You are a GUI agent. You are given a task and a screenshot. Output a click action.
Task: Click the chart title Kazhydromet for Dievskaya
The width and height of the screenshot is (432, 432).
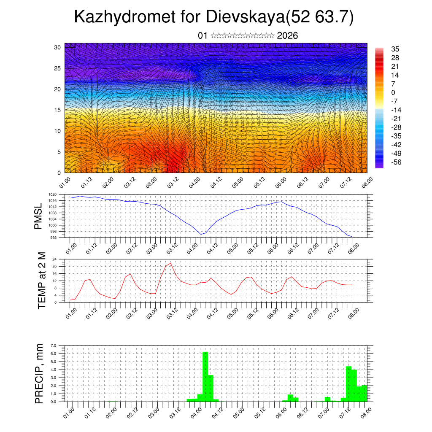pos(213,17)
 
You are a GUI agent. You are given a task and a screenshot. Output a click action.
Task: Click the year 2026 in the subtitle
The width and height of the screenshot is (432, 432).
pos(287,36)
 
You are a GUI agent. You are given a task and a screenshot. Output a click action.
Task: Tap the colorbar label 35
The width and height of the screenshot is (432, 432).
pos(395,49)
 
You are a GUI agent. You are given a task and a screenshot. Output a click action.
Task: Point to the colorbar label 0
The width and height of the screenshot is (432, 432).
pos(393,92)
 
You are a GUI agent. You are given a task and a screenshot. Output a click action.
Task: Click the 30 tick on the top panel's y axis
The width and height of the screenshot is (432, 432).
pos(57,47)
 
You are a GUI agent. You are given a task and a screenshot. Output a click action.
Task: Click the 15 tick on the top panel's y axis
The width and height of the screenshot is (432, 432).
pos(57,110)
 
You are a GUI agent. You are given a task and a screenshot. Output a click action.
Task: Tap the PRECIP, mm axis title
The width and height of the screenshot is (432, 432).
pos(39,373)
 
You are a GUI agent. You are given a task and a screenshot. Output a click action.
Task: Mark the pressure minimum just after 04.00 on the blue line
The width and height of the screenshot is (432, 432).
pos(201,234)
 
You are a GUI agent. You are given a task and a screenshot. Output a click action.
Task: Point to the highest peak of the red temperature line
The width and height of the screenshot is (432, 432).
pos(171,263)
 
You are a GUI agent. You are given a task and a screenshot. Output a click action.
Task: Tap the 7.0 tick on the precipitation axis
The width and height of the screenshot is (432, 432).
pos(53,346)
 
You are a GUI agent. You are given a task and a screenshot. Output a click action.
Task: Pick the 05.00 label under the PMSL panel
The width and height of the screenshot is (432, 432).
pos(233,247)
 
